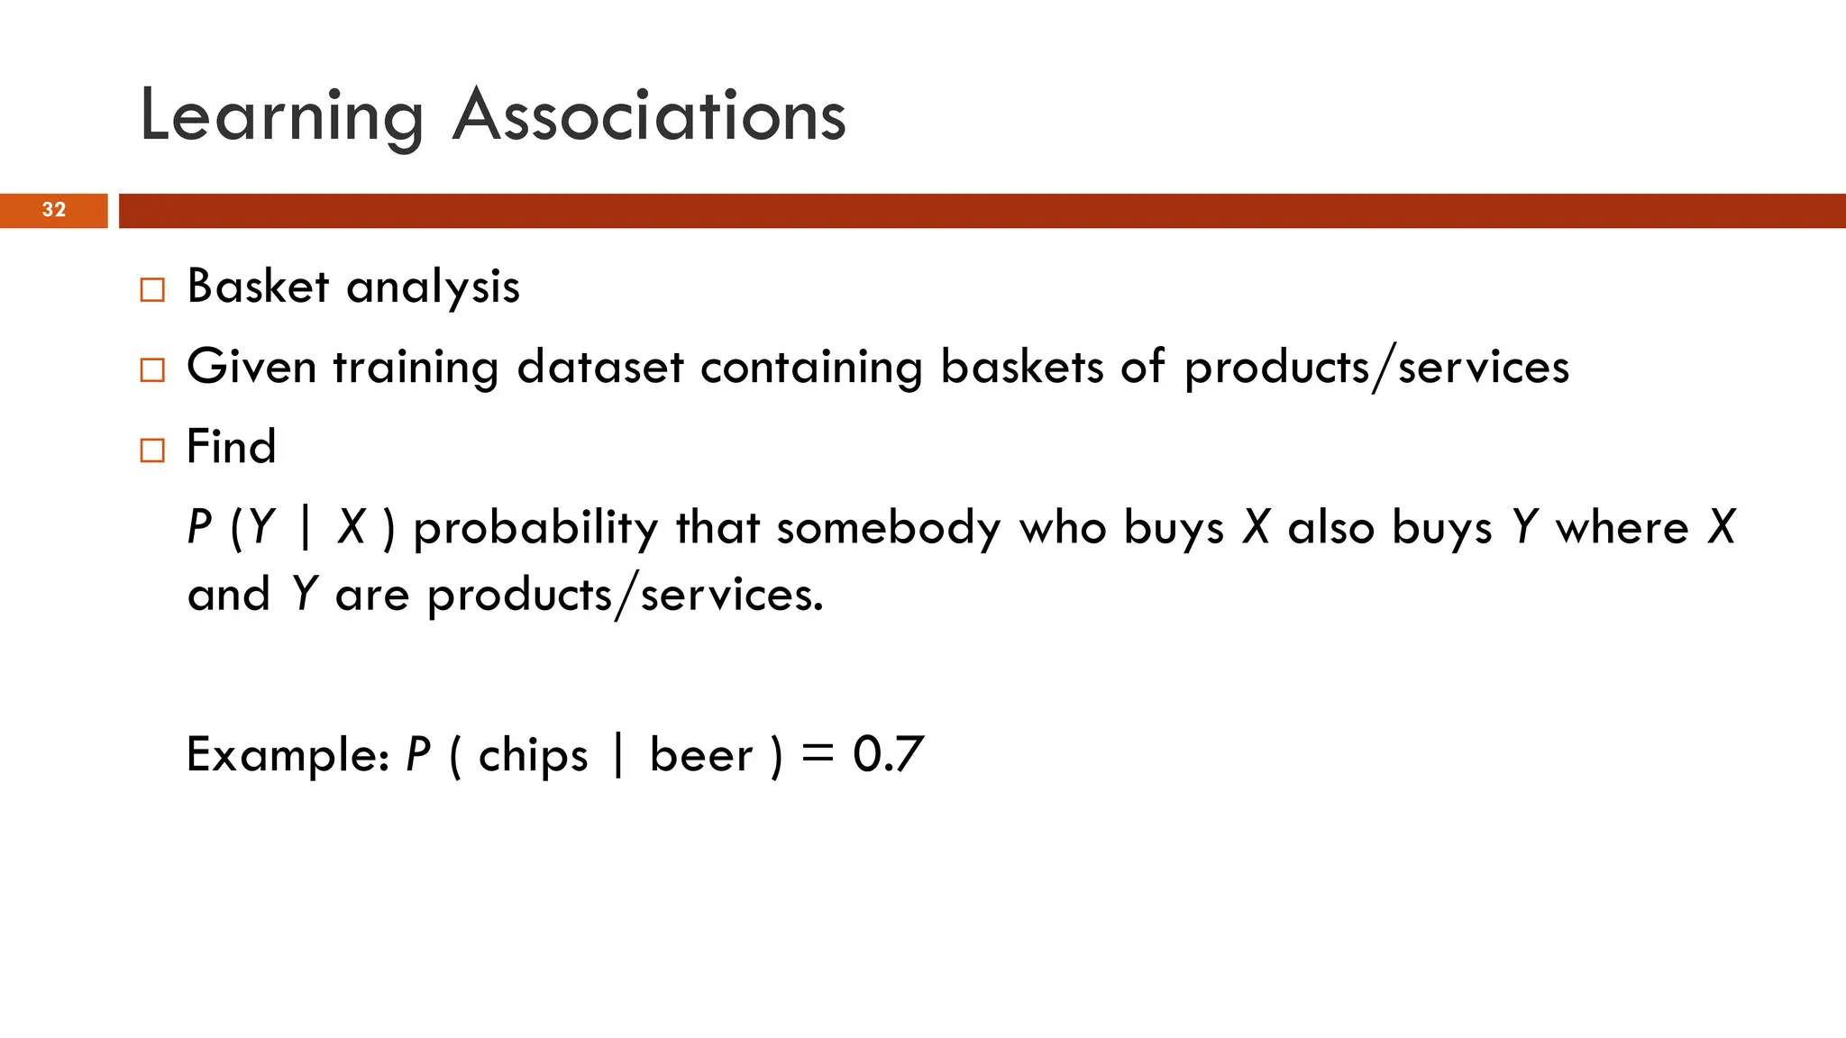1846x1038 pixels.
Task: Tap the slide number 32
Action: (x=54, y=210)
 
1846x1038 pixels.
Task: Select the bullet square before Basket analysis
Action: (x=152, y=290)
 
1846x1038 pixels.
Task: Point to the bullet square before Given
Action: (x=152, y=370)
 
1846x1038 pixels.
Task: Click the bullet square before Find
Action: (x=152, y=450)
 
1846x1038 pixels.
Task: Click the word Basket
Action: (x=258, y=287)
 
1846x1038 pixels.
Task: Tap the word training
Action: (x=416, y=368)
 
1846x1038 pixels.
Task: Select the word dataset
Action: (x=600, y=368)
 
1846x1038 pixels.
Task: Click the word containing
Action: (x=811, y=368)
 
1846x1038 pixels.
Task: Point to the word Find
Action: (x=231, y=447)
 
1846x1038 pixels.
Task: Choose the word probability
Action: (x=535, y=528)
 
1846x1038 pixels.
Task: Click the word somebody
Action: (x=889, y=527)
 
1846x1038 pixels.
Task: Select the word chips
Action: (x=533, y=756)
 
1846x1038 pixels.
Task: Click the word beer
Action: (x=700, y=755)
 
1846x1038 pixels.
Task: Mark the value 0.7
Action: (x=888, y=754)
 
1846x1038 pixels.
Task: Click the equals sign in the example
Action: (x=818, y=754)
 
